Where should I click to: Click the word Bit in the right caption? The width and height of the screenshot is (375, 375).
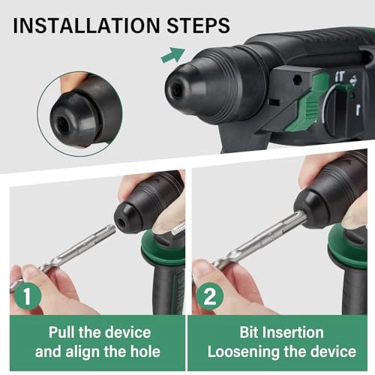(249, 332)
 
